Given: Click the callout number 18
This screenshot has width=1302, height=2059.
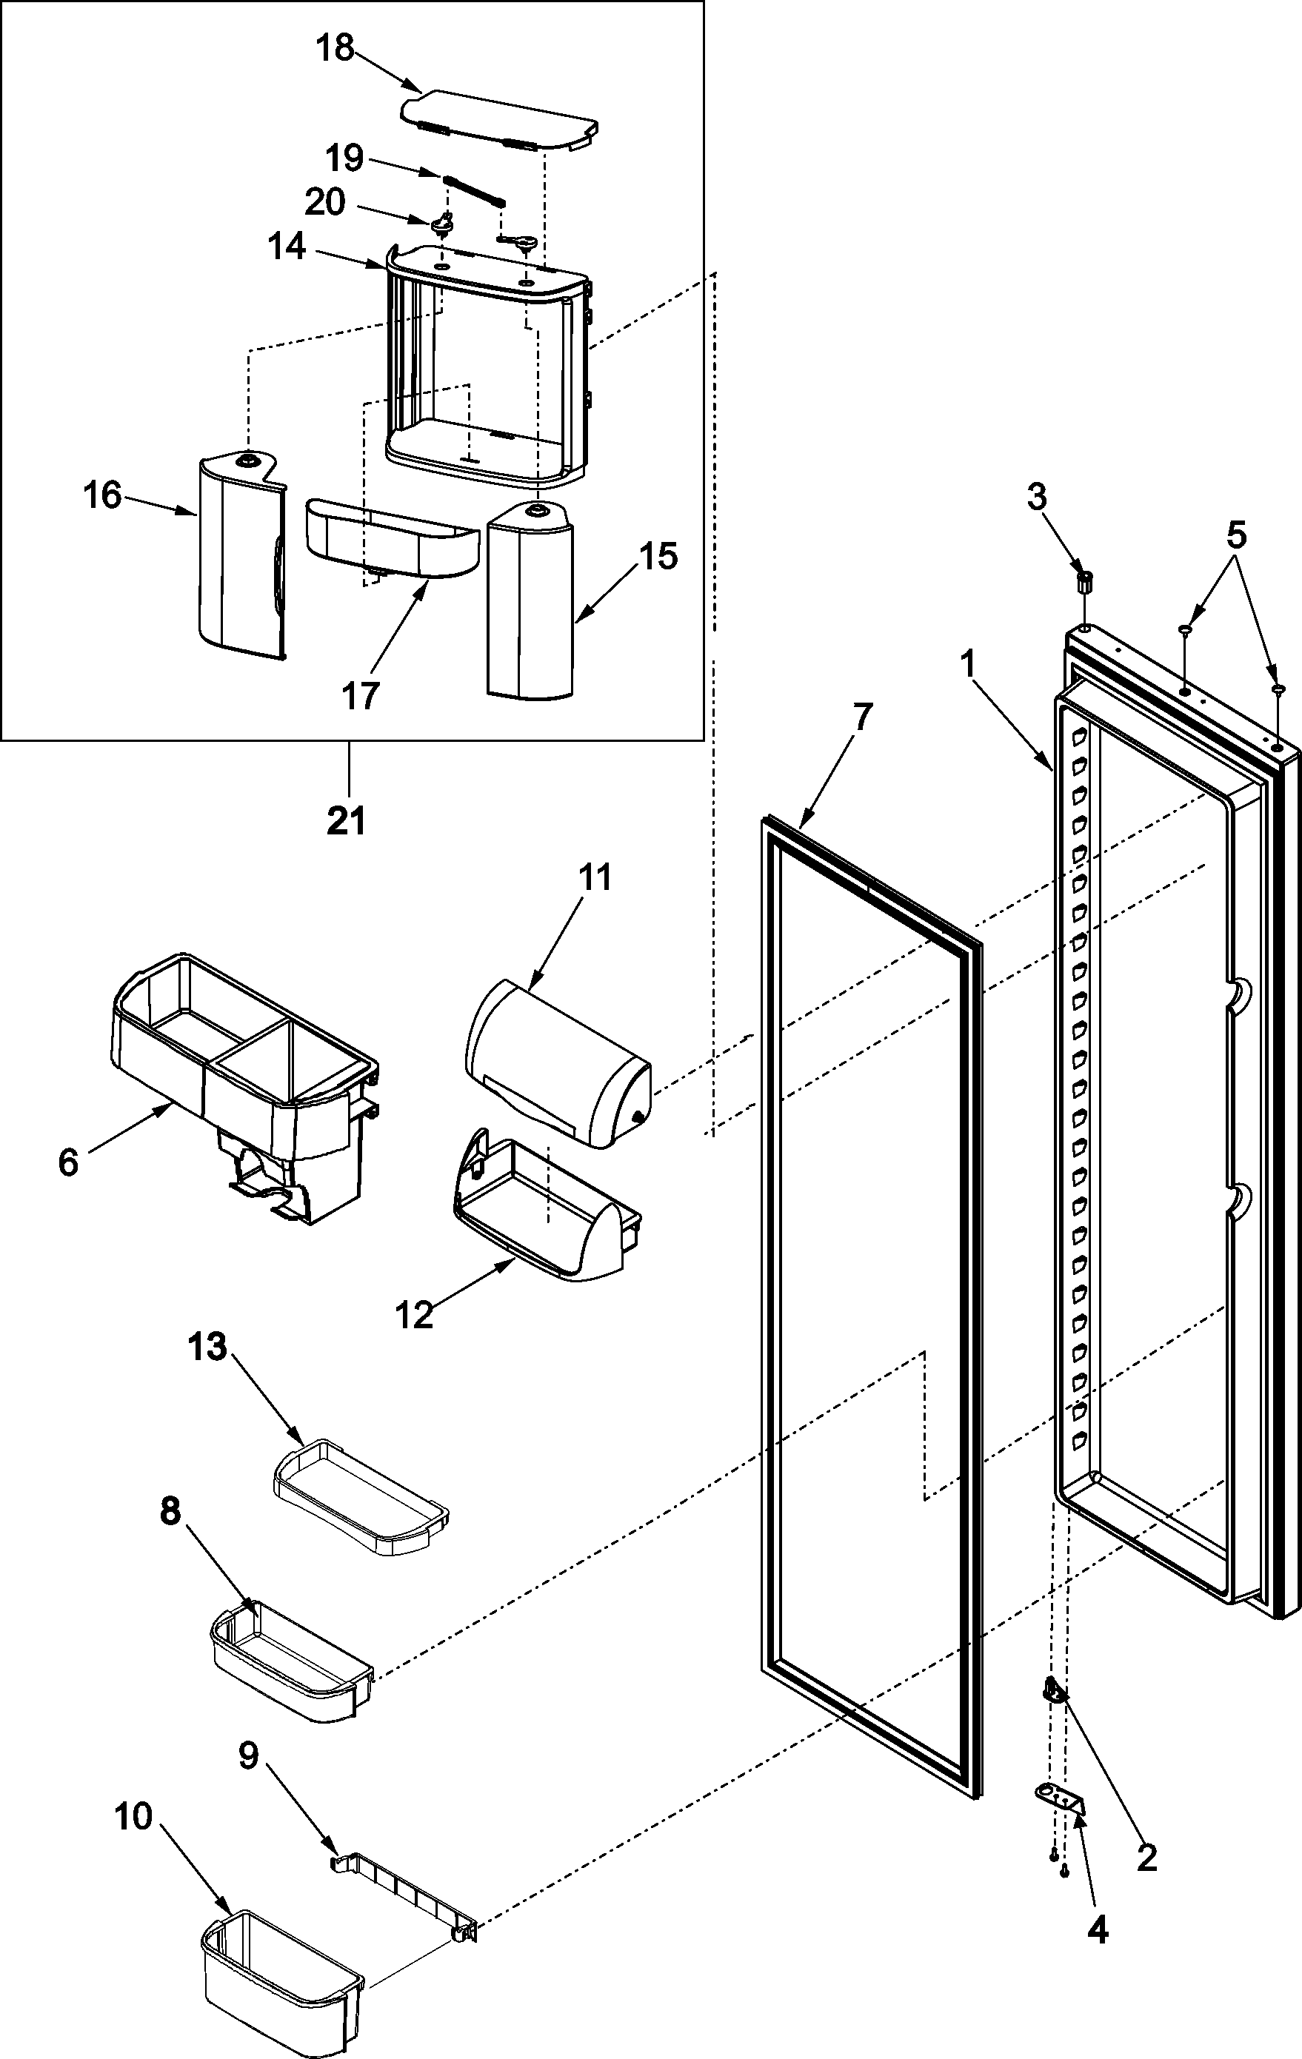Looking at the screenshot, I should tap(335, 49).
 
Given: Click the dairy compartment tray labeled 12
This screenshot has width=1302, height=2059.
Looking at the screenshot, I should tap(547, 1223).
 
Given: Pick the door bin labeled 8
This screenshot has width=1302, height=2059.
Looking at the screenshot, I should tap(291, 1655).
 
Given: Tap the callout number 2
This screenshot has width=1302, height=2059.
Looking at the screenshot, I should tap(1146, 1858).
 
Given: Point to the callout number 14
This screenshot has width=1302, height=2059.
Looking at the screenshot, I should tap(286, 248).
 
